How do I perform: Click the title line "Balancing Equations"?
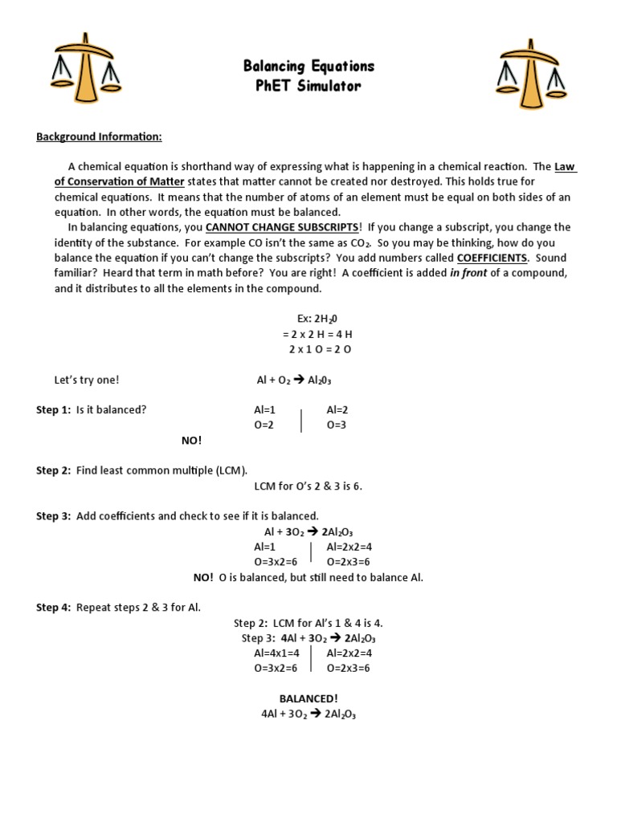[308, 66]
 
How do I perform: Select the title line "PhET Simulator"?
[308, 86]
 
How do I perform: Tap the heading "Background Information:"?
[99, 137]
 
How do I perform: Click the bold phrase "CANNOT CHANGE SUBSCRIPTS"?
[283, 227]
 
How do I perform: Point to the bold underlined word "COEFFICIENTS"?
[492, 258]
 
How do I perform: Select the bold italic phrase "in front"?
[468, 273]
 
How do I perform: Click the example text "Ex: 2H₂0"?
[308, 319]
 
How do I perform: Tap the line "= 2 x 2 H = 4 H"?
[308, 334]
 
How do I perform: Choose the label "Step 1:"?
[53, 410]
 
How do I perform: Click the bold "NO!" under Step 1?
[191, 441]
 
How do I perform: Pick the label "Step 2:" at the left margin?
[53, 470]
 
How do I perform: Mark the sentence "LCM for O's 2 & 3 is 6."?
[308, 486]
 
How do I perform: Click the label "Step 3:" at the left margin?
[53, 516]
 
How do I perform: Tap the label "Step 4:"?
[53, 608]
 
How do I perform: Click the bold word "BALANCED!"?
[308, 699]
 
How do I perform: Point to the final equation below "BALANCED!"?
[308, 714]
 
